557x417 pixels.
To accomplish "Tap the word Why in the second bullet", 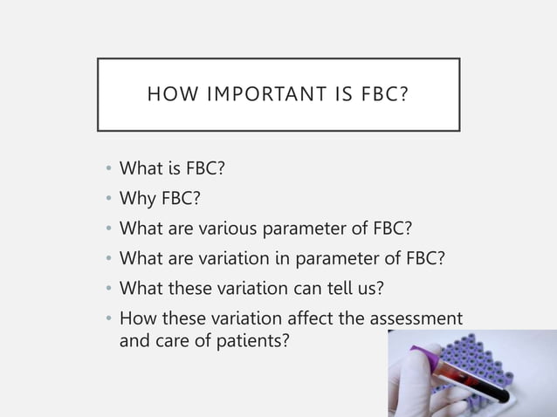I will tap(136, 200).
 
